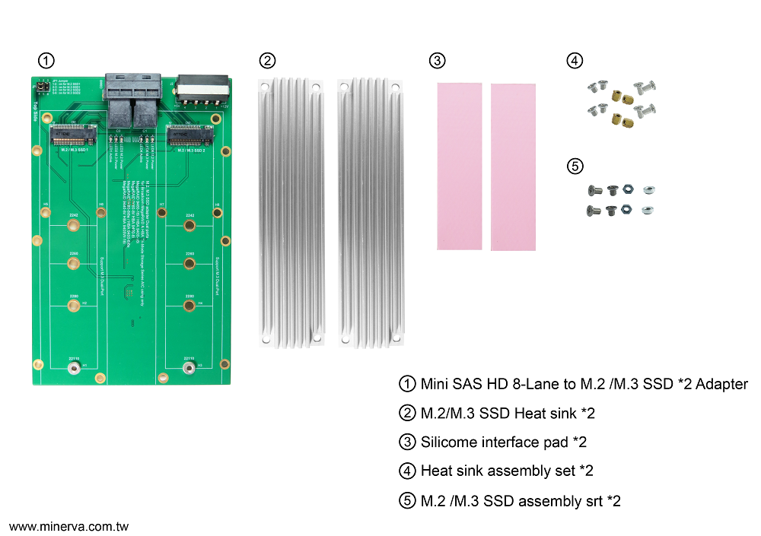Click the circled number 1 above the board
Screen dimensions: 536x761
(46, 61)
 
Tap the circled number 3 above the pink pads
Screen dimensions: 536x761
(436, 61)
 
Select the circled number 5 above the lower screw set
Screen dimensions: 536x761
(575, 166)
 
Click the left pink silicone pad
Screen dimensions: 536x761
(460, 167)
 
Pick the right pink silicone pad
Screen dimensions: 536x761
(513, 167)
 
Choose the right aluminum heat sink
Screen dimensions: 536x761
(369, 213)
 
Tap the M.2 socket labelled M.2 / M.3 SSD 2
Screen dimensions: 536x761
(188, 137)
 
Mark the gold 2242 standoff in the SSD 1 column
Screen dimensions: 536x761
(73, 225)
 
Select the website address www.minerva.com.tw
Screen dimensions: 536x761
(68, 526)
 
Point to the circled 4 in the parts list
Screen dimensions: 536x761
(408, 471)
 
